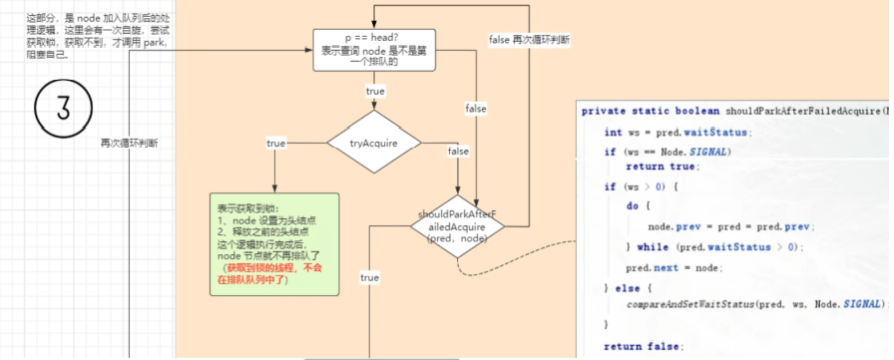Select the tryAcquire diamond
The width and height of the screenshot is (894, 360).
(374, 144)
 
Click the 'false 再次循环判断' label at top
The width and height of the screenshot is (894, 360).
(530, 40)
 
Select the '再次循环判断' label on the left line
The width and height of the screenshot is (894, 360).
(129, 143)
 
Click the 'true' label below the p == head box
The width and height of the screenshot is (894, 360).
(375, 91)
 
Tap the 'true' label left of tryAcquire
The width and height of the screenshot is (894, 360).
(275, 144)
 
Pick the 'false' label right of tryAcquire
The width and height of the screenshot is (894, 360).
(458, 151)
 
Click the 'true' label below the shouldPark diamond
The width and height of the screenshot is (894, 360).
(369, 277)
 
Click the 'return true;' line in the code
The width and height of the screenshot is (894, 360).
(663, 167)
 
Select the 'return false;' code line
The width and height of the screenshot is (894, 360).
(644, 346)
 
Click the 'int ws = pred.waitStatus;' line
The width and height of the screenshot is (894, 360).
(678, 132)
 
